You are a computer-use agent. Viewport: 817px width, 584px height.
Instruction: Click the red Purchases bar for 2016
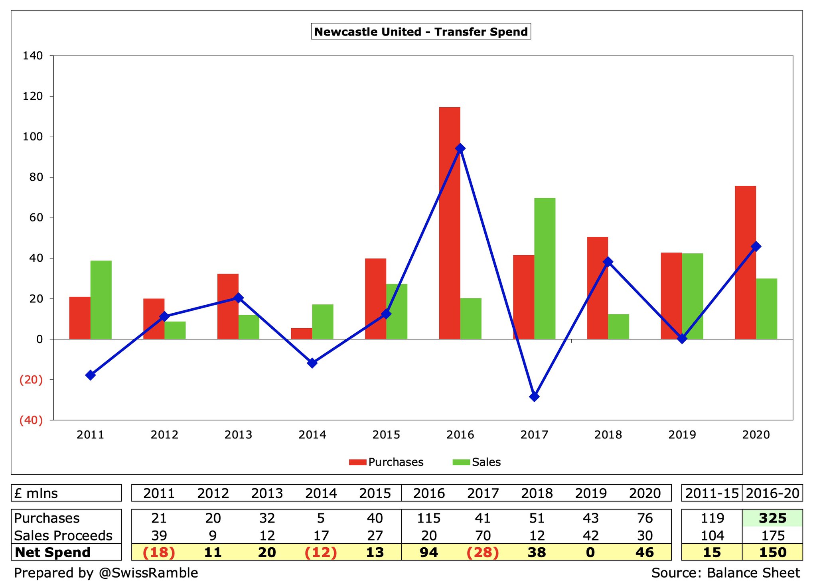click(x=449, y=223)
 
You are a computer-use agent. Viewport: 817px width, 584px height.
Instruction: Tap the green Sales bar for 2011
click(x=101, y=300)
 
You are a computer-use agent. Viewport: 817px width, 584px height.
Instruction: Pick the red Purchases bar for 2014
click(x=302, y=333)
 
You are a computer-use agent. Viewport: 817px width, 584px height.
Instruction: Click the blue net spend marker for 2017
click(x=534, y=397)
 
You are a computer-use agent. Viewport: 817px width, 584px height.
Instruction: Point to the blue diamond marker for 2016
click(x=460, y=148)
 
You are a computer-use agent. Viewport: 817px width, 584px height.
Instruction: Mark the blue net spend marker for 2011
click(x=91, y=375)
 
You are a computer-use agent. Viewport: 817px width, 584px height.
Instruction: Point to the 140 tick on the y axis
click(x=33, y=56)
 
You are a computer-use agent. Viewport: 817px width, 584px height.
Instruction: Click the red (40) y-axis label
click(x=31, y=420)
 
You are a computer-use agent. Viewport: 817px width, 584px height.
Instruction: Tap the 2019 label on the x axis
click(x=682, y=434)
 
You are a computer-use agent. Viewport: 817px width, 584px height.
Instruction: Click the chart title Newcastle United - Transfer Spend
click(x=421, y=32)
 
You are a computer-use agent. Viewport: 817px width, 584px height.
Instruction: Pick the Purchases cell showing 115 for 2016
click(x=429, y=518)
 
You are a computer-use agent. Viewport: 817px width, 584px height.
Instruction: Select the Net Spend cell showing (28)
click(x=483, y=552)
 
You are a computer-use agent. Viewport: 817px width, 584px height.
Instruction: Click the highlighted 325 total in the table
click(x=772, y=518)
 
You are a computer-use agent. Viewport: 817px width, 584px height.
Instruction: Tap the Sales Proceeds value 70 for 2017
click(x=483, y=535)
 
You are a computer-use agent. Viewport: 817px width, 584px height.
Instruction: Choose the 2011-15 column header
click(x=712, y=493)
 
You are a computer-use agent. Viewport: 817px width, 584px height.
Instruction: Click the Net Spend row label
click(x=53, y=552)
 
